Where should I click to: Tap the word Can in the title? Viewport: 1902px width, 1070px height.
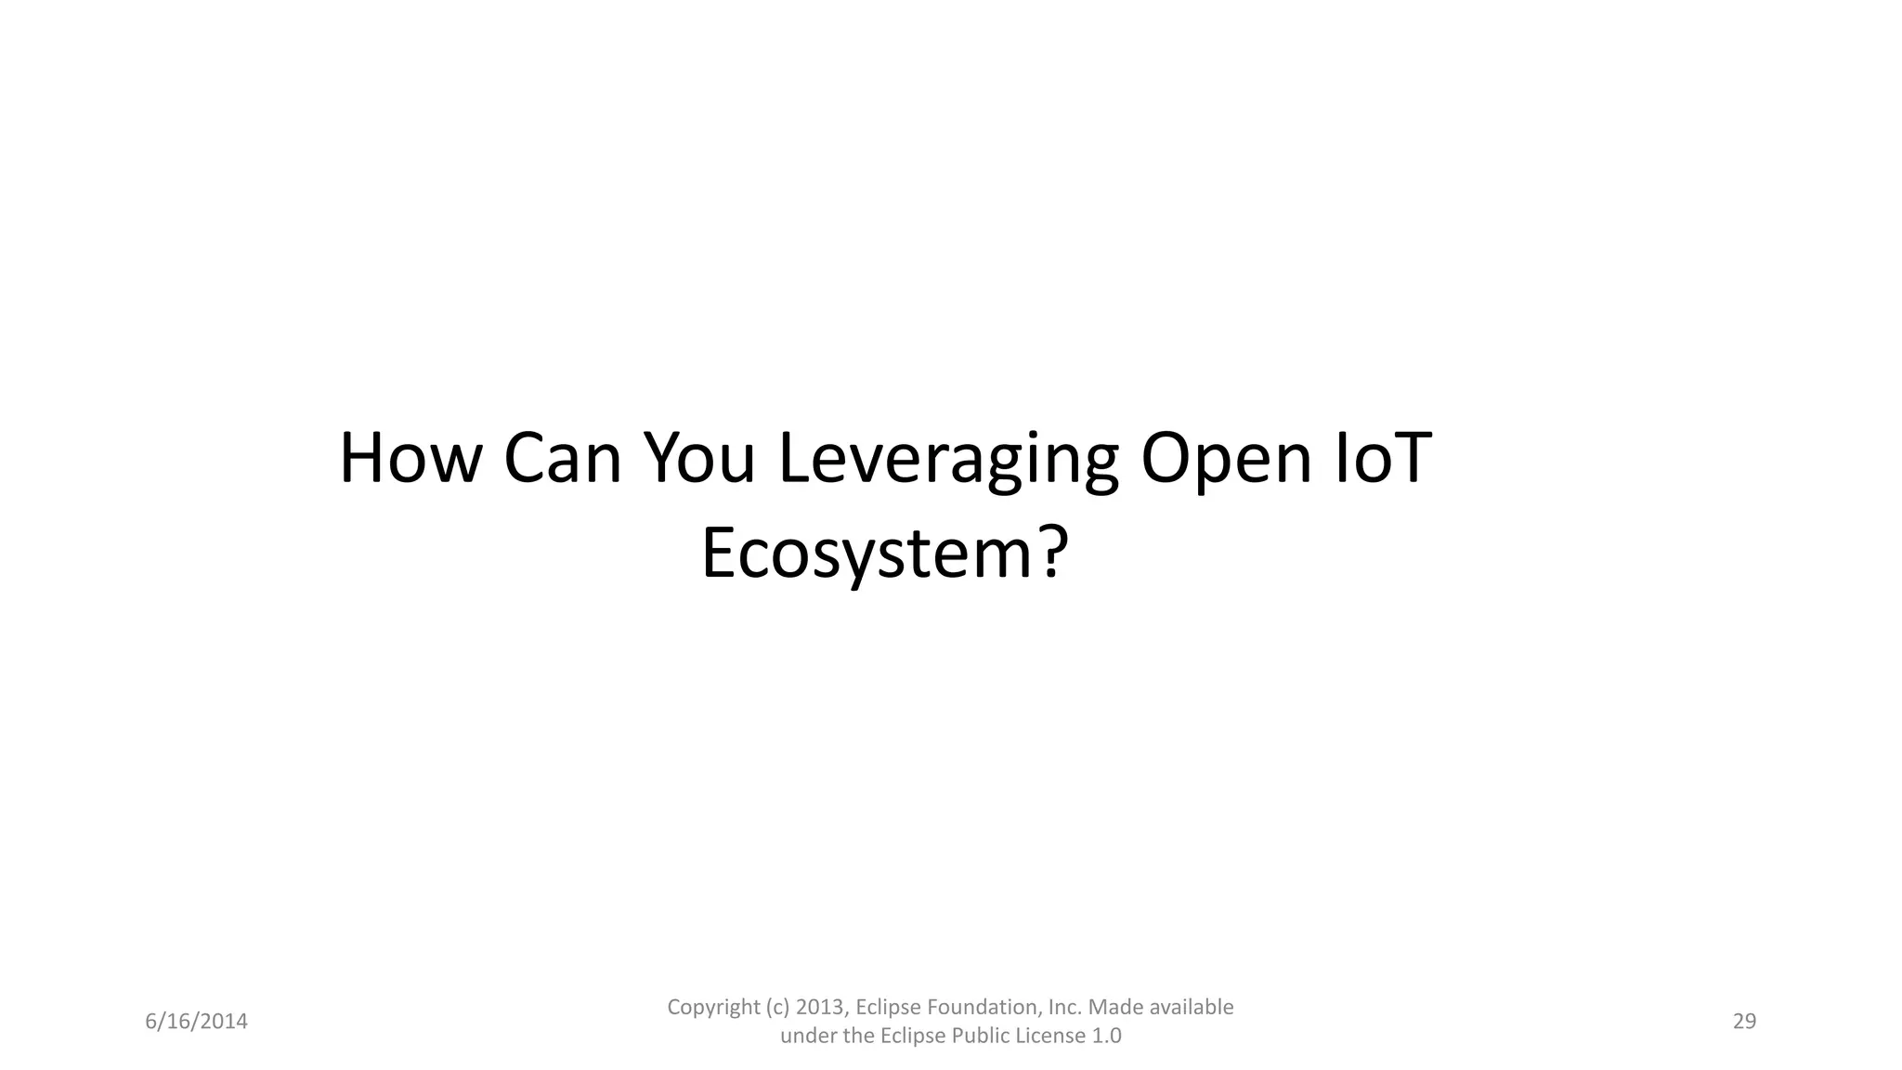coord(562,459)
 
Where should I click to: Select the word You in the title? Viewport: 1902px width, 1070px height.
coord(699,459)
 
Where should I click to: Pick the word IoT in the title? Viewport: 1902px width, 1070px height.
coord(1382,459)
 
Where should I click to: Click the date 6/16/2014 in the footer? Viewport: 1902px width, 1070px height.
coord(197,1022)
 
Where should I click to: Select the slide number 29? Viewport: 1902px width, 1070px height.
coord(1744,1022)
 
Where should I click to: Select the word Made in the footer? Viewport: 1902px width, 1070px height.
coord(1112,1008)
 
